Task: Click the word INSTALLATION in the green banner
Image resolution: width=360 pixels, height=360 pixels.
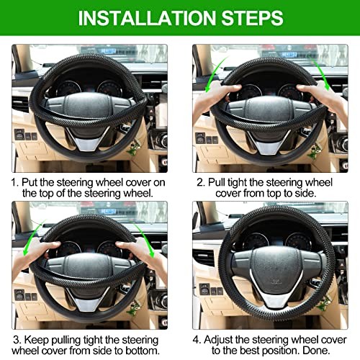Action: point(147,18)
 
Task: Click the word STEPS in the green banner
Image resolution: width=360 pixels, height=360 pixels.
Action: point(252,18)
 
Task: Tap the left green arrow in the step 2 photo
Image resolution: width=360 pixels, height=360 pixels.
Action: point(215,74)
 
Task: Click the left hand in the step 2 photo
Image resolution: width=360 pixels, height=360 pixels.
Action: point(214,99)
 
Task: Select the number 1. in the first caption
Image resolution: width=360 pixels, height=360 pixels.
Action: point(15,182)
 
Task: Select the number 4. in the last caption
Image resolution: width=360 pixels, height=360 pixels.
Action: point(197,340)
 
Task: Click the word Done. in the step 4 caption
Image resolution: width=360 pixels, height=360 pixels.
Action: point(317,351)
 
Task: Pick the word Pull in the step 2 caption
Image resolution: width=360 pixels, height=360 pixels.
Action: point(217,182)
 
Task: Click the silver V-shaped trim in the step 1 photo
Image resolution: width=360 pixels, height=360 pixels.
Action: point(88,140)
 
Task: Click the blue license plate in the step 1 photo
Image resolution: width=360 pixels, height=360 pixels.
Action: point(109,51)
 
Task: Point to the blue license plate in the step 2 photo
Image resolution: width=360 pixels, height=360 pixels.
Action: point(289,54)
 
